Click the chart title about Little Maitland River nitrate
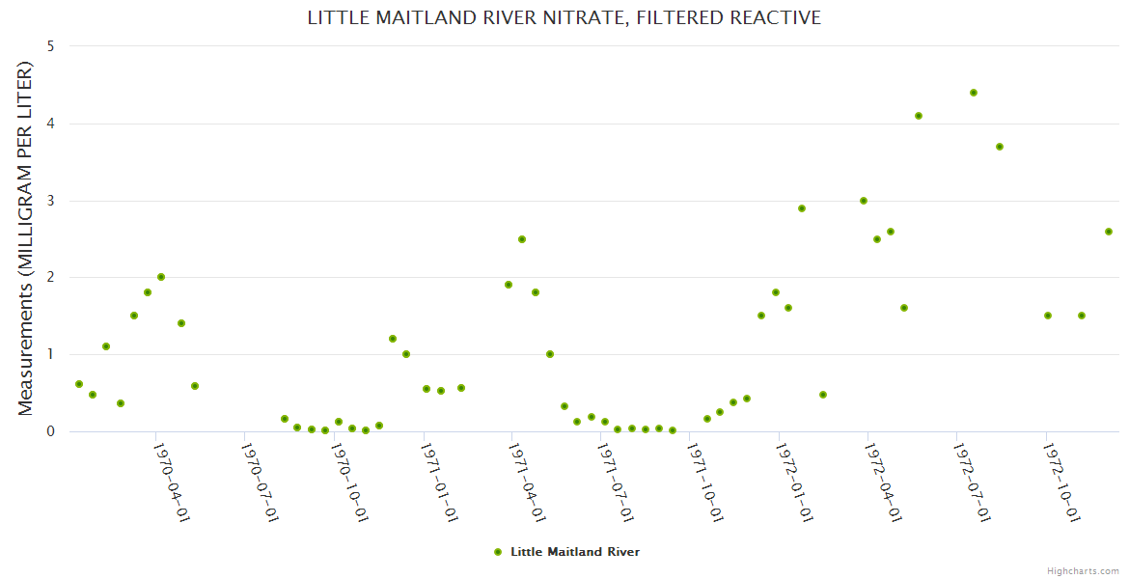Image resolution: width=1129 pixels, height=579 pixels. pyautogui.click(x=564, y=17)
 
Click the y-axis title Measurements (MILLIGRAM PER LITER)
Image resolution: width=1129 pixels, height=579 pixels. pyautogui.click(x=26, y=238)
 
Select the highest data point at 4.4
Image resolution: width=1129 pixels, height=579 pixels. pyautogui.click(x=974, y=93)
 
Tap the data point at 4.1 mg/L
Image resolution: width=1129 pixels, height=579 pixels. pyautogui.click(x=919, y=116)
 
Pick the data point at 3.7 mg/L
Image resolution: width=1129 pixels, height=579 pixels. pyautogui.click(x=1000, y=147)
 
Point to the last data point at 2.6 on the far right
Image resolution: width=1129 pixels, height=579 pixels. pyautogui.click(x=1109, y=232)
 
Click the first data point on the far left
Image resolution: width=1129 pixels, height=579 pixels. pyautogui.click(x=79, y=384)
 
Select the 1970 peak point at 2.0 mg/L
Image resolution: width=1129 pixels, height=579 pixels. pyautogui.click(x=161, y=277)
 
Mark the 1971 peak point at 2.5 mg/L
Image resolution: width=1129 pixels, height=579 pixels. pyautogui.click(x=522, y=239)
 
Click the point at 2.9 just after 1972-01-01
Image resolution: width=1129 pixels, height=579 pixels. pyautogui.click(x=802, y=208)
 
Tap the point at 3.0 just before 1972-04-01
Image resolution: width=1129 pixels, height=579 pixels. pyautogui.click(x=864, y=201)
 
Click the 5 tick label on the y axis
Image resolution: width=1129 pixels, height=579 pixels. pyautogui.click(x=50, y=46)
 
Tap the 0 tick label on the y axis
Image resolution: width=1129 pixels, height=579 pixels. pyautogui.click(x=50, y=431)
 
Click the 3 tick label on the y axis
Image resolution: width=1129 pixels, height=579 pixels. pyautogui.click(x=50, y=201)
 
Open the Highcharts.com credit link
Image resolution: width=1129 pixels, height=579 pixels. pyautogui.click(x=1083, y=570)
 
